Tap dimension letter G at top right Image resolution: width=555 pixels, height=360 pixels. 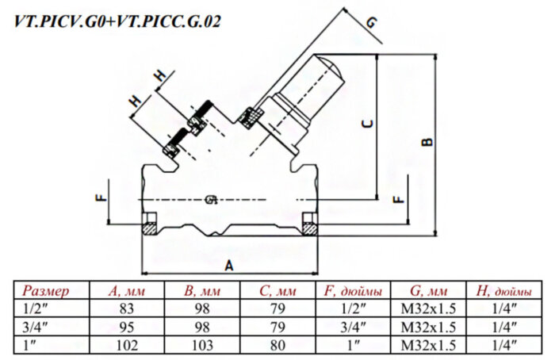click(x=372, y=23)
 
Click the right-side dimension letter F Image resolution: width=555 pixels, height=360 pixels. click(x=397, y=199)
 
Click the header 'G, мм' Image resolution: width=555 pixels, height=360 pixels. click(x=429, y=290)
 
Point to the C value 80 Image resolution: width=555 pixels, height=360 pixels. click(x=277, y=345)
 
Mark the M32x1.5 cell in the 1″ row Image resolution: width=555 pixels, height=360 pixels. click(x=429, y=345)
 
